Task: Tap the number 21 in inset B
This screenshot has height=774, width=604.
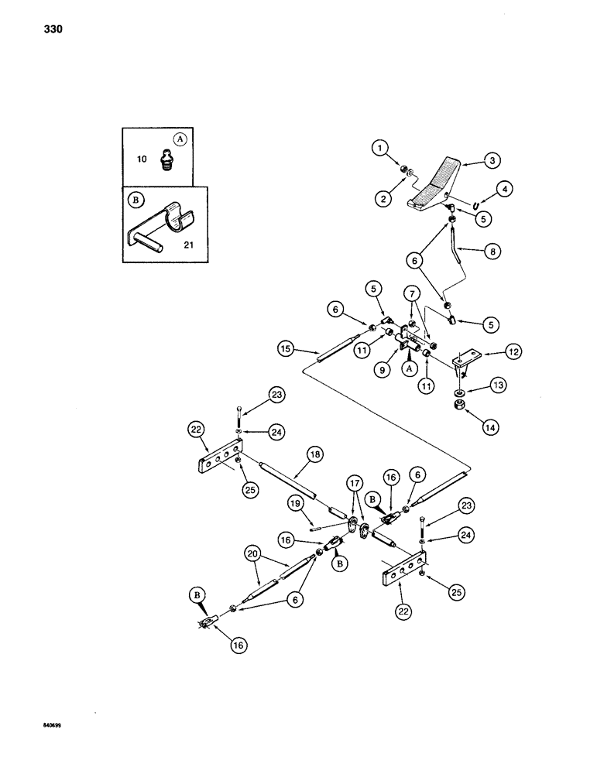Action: pos(187,245)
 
